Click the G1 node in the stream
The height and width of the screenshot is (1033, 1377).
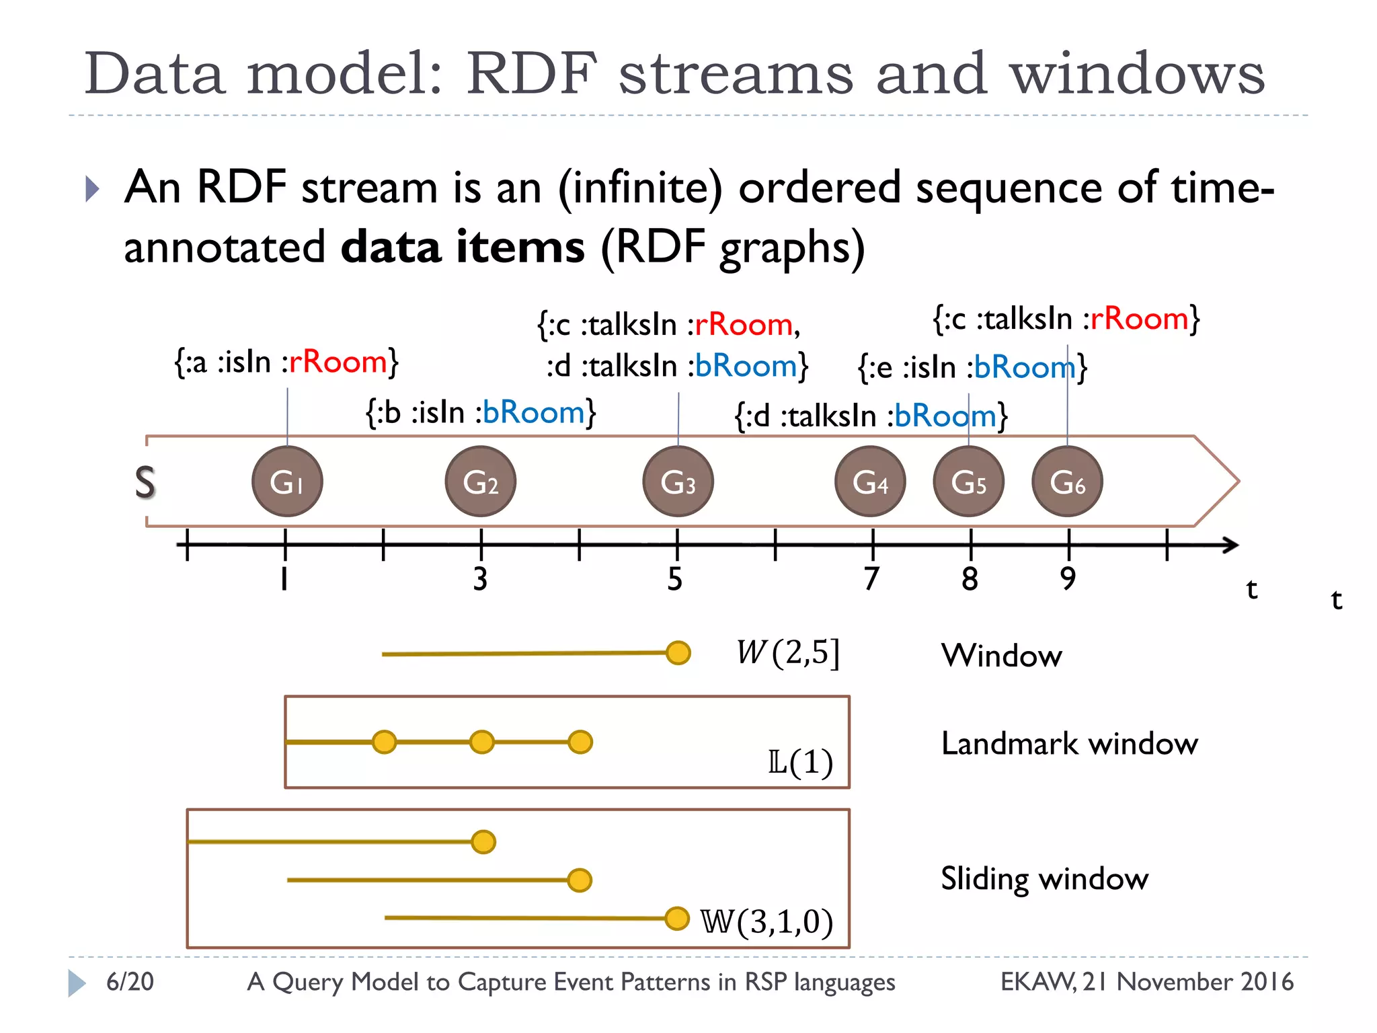287,482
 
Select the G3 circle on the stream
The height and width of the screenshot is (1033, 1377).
678,482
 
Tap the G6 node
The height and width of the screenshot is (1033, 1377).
1067,482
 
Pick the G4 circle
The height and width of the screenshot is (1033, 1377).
870,482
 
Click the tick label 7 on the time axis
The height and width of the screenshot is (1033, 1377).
871,578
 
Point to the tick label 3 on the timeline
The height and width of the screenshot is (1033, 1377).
480,578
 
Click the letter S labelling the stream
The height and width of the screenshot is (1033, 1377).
145,483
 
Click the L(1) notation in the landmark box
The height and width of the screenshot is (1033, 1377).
800,763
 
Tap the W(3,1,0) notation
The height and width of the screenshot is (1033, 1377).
766,921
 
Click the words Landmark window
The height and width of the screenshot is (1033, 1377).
1069,744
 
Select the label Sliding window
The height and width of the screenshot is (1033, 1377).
1044,878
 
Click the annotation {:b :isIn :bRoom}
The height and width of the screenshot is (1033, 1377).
481,412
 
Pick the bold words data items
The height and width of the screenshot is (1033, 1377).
463,247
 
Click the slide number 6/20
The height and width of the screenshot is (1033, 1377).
130,982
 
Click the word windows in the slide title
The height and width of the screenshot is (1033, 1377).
1137,74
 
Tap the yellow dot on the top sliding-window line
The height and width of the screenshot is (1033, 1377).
483,842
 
